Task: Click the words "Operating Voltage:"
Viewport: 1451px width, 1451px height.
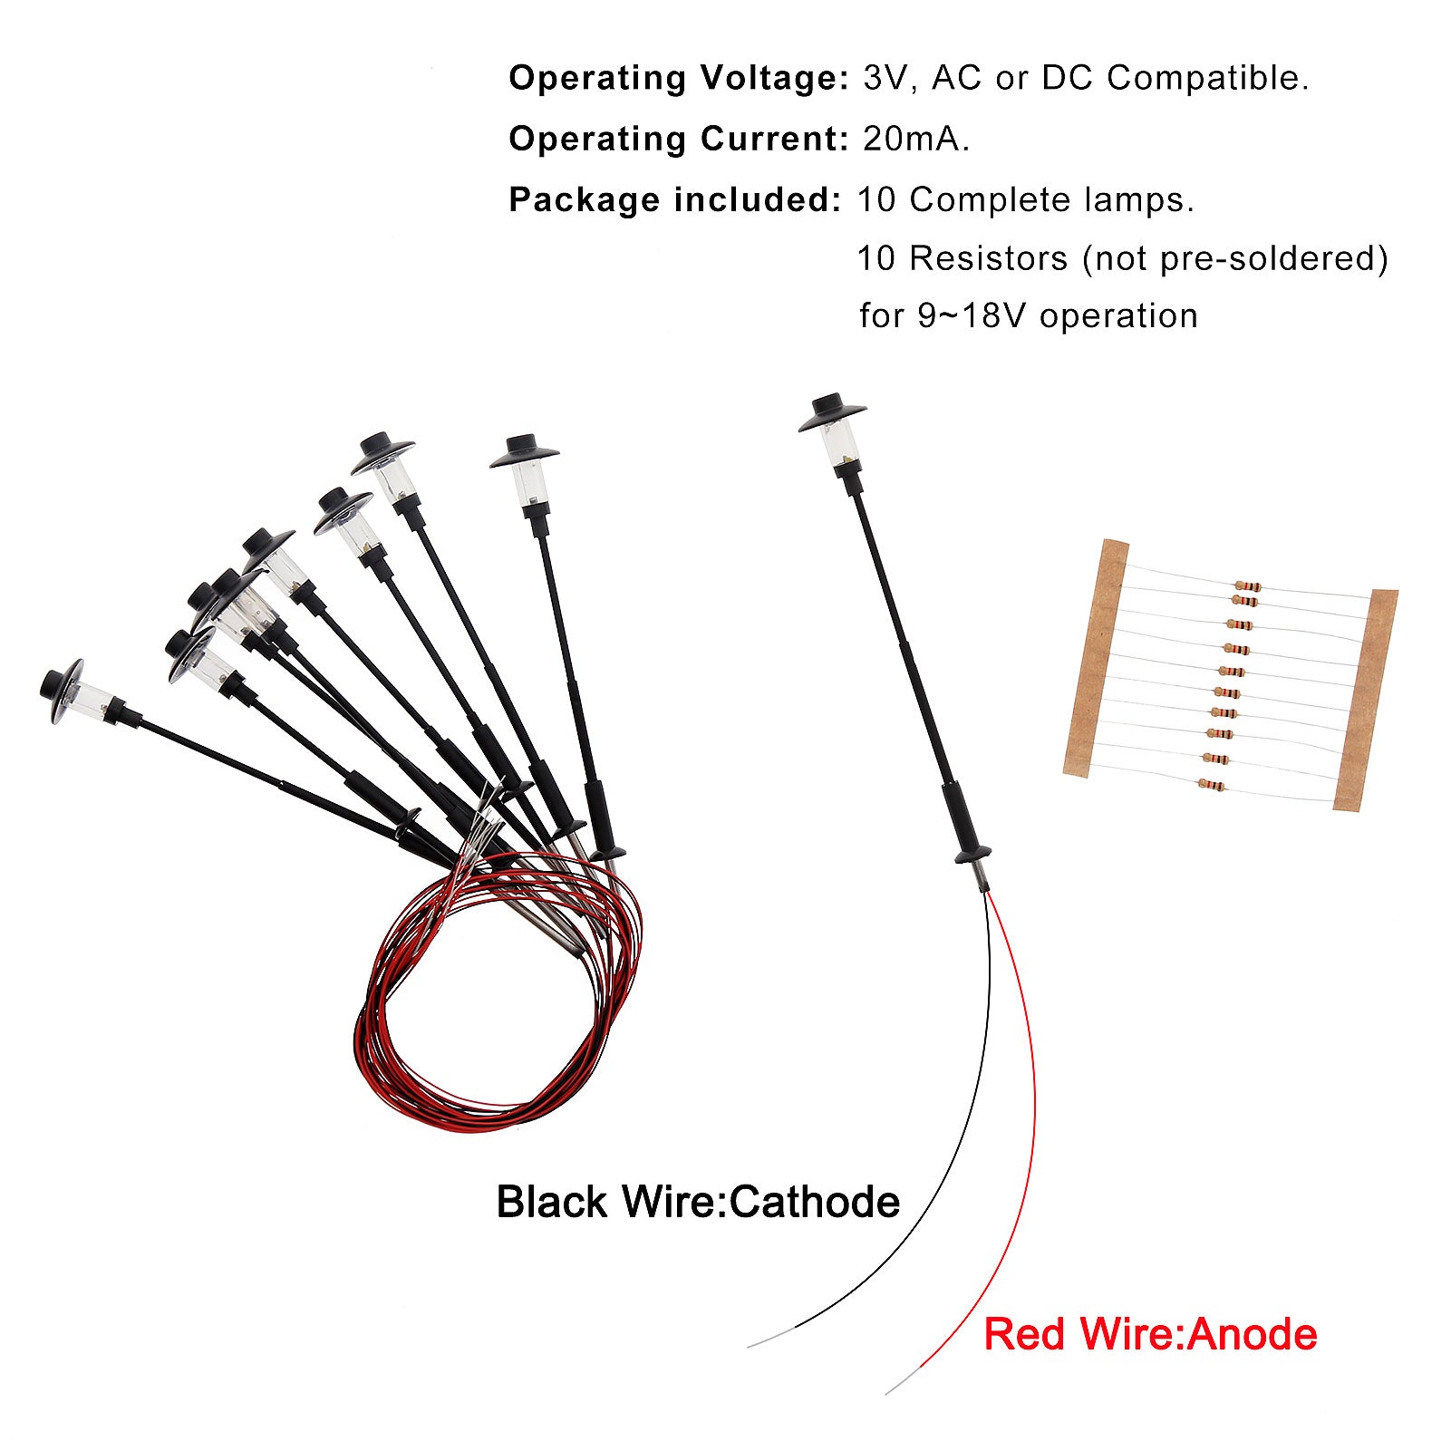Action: point(678,79)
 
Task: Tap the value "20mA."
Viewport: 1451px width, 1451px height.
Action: point(915,140)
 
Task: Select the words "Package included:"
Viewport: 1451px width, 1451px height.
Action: point(675,200)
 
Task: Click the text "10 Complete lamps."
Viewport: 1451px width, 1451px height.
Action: point(1025,200)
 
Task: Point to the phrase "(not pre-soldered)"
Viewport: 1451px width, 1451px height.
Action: point(1234,259)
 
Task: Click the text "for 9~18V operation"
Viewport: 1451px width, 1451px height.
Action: point(1028,316)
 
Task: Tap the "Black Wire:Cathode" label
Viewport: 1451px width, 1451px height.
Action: point(698,1203)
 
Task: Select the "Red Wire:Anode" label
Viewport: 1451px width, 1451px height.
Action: point(1149,1334)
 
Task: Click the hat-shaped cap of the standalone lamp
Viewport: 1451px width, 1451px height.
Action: point(831,412)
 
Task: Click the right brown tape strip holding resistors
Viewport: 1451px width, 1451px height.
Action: point(1366,698)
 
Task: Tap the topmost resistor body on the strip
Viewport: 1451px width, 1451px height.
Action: point(1246,587)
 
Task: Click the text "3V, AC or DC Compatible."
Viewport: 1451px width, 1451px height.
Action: point(1085,79)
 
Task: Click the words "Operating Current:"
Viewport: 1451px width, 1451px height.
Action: point(678,140)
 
